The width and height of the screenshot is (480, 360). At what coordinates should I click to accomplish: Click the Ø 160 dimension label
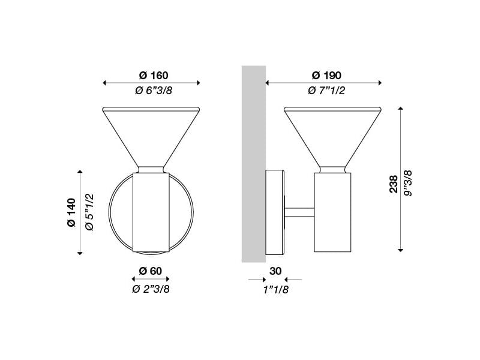coord(153,76)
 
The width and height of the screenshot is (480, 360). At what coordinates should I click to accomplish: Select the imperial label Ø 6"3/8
coord(153,91)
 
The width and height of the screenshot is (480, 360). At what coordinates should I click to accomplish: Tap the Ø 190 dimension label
coord(326,76)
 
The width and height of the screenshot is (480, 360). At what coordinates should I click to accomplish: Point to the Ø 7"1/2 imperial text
coord(326,91)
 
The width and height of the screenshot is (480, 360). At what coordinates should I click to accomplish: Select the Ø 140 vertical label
coord(71,212)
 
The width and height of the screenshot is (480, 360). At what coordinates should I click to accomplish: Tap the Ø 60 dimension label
coord(150,271)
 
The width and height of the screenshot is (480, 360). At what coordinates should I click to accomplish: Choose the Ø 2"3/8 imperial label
coord(150,289)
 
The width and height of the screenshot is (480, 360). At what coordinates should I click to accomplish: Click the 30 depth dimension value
coord(275,271)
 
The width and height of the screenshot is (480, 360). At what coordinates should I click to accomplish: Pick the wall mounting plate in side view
coord(275,211)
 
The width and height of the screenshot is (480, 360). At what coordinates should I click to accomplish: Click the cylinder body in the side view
coord(332,210)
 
